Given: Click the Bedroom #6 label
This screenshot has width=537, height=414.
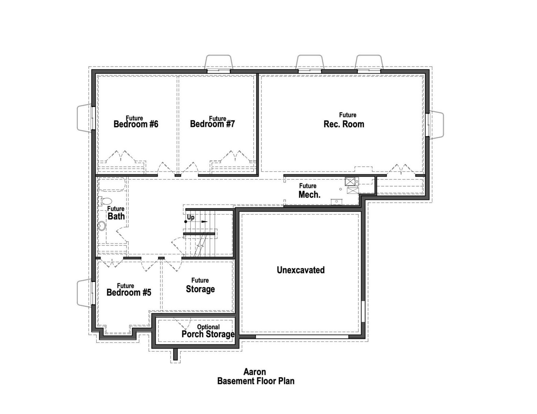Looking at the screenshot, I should tap(136, 124).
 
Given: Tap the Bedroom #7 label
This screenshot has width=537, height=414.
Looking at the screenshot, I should tap(212, 124).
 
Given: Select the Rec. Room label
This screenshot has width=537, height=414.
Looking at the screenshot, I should tap(344, 124).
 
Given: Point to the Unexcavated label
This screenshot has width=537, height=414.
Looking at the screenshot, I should tap(301, 270).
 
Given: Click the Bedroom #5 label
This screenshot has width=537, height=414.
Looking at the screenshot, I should tap(129, 292).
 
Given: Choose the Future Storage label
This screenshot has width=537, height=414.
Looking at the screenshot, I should tap(200, 289).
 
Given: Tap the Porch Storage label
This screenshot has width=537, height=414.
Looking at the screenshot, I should tap(208, 334).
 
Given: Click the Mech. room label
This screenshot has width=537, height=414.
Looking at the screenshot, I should tap(309, 194).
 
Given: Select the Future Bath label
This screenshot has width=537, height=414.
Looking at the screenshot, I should tap(116, 216).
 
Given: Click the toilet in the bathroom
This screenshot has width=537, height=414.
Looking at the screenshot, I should tap(105, 201).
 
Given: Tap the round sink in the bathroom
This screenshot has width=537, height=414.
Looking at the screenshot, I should tap(102, 226).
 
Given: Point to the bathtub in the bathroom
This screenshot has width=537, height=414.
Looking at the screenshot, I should tap(111, 184).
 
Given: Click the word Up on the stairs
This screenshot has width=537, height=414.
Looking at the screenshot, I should tap(190, 217).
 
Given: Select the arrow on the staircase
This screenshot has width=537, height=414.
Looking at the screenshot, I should tap(204, 222).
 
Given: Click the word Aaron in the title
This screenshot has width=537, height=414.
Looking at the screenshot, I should tap(255, 372).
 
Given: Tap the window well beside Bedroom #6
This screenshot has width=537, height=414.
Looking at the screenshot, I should tap(85, 118).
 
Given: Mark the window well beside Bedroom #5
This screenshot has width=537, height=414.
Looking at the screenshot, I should tap(85, 293).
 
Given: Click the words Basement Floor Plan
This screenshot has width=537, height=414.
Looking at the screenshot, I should tap(256, 381).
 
